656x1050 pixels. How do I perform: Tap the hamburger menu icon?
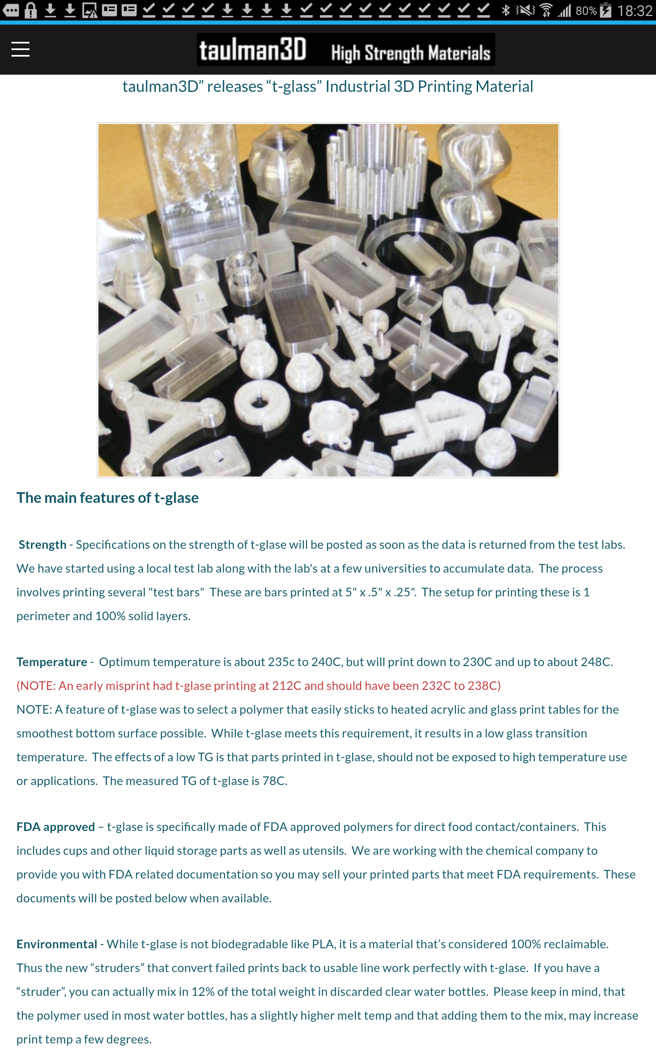20,49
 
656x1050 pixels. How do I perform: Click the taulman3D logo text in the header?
253,50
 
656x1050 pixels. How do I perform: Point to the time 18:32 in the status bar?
635,10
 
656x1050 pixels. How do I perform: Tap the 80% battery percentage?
586,11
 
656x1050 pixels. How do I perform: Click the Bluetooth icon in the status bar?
506,10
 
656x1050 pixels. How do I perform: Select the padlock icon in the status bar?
30,10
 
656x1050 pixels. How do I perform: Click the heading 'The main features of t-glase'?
107,498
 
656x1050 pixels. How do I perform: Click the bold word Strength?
43,545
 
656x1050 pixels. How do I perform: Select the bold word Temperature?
52,662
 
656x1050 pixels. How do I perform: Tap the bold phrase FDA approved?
55,826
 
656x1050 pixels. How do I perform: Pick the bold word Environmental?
57,944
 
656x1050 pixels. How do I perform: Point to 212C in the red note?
286,685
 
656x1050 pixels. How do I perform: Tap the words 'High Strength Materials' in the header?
411,53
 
